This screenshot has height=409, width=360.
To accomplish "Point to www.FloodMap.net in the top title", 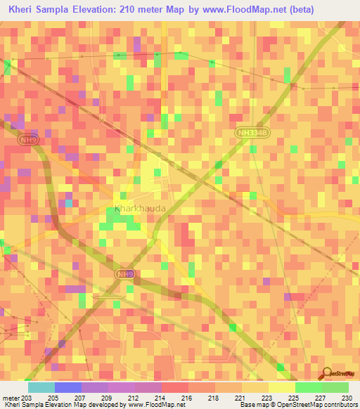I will click(226, 9).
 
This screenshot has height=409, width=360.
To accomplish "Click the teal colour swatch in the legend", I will click(41, 387).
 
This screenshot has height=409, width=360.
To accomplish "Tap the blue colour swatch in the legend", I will click(67, 387).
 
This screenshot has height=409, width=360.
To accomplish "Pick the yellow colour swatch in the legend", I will click(281, 387).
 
